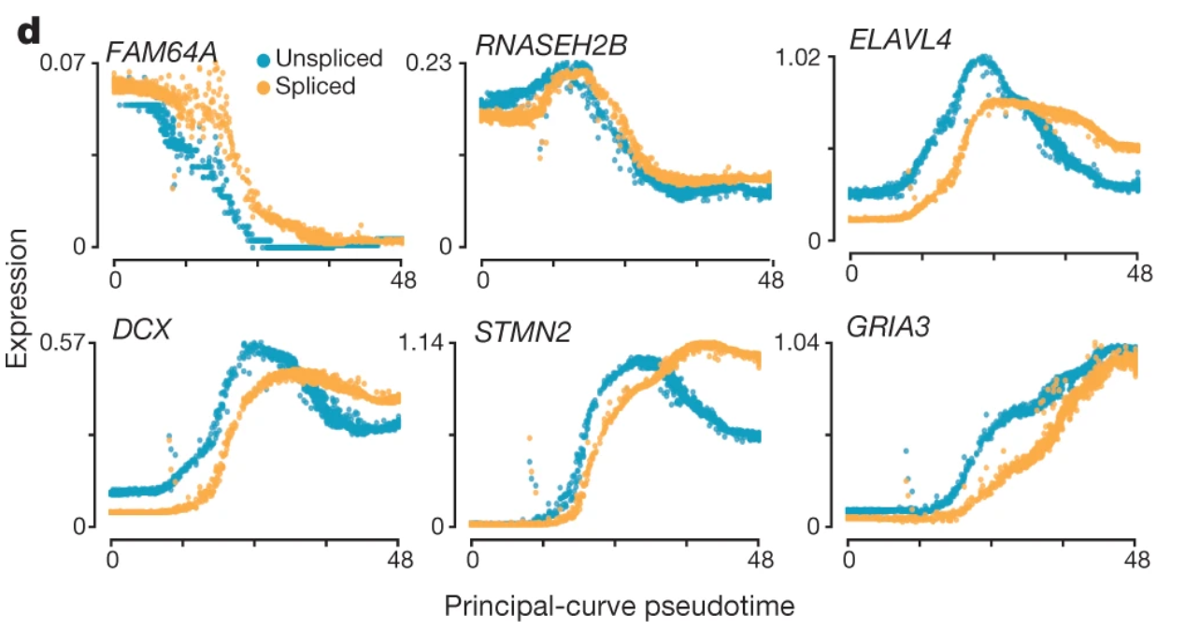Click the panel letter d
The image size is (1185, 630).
tap(30, 32)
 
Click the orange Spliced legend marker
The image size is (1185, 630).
tap(264, 87)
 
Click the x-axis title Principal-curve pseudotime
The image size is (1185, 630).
tap(619, 607)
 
